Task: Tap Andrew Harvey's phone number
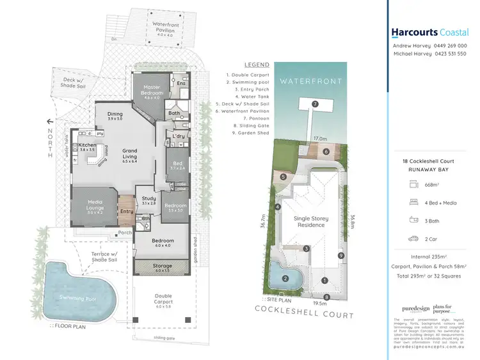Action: tap(450, 46)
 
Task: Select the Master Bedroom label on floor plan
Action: tap(152, 90)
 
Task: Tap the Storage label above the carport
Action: tap(162, 265)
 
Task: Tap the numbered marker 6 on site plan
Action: tap(326, 152)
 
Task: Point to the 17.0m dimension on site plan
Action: tap(320, 137)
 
